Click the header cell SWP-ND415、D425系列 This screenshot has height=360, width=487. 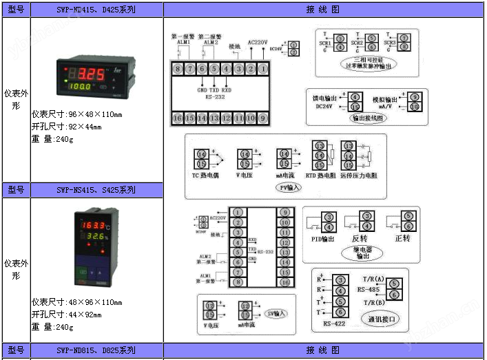tap(96, 10)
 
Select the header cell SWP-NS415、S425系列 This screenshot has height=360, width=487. tap(96, 190)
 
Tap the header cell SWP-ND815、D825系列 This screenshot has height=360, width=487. tap(96, 351)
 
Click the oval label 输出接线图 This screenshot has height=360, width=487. tap(369, 118)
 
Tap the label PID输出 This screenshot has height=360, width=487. tap(322, 239)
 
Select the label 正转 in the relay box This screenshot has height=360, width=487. tap(402, 238)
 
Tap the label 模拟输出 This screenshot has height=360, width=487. tap(386, 99)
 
